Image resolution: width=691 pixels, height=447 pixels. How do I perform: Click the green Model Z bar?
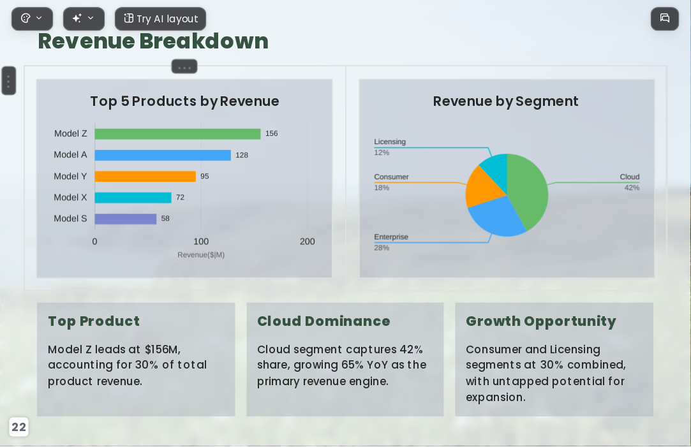[177, 134]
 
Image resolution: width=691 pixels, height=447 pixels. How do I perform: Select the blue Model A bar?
[163, 155]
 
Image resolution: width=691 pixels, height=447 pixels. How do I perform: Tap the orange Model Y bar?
[145, 176]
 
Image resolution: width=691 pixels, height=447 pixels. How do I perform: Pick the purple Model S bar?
[126, 219]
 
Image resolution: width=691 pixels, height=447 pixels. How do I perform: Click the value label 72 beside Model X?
[180, 197]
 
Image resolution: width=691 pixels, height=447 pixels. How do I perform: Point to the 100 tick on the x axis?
[201, 241]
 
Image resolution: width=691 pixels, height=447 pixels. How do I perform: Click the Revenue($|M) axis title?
[201, 254]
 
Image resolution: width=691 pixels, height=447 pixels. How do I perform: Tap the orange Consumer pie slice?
[482, 187]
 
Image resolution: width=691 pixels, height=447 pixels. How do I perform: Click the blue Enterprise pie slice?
[496, 216]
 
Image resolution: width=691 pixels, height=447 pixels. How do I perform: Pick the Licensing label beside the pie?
[390, 142]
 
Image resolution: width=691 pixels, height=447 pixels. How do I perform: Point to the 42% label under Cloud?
[632, 187]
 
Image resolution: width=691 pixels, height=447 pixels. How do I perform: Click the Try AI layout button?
[160, 19]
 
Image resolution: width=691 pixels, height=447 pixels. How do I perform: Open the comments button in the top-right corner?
[665, 18]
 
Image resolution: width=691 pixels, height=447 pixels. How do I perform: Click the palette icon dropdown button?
[32, 19]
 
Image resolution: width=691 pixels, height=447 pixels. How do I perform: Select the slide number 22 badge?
[19, 427]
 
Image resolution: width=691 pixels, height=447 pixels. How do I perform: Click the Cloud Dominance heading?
[323, 321]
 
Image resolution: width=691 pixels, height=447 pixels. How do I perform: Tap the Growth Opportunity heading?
[540, 321]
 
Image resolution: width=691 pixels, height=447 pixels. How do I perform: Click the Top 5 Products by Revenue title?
[184, 101]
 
